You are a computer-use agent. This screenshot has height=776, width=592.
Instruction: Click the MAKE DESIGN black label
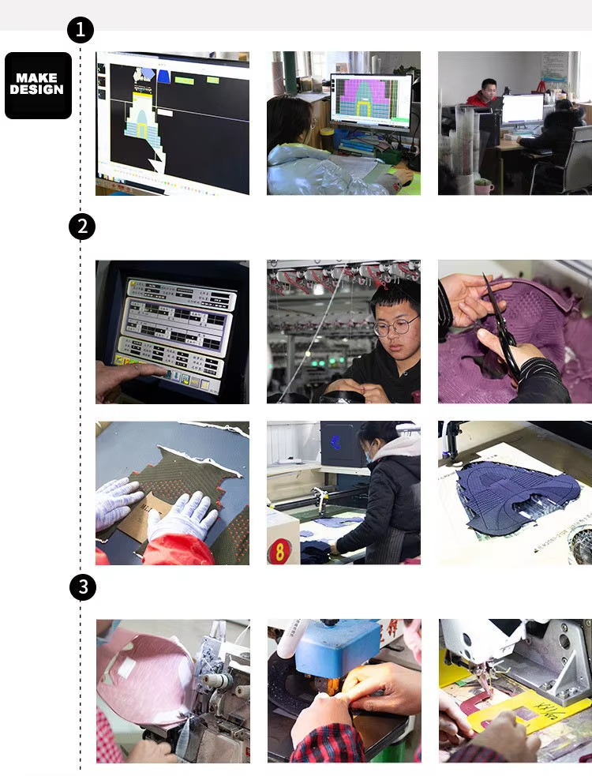click(38, 85)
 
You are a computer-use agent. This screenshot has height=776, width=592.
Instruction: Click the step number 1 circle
click(81, 30)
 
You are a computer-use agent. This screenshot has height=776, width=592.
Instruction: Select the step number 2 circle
click(81, 227)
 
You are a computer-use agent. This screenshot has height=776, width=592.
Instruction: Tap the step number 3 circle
click(81, 587)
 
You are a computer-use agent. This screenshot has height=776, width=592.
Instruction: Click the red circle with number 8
click(279, 550)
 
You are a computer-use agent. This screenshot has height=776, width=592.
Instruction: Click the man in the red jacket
click(482, 96)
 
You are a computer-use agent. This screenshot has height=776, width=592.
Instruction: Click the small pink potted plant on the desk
click(483, 186)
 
